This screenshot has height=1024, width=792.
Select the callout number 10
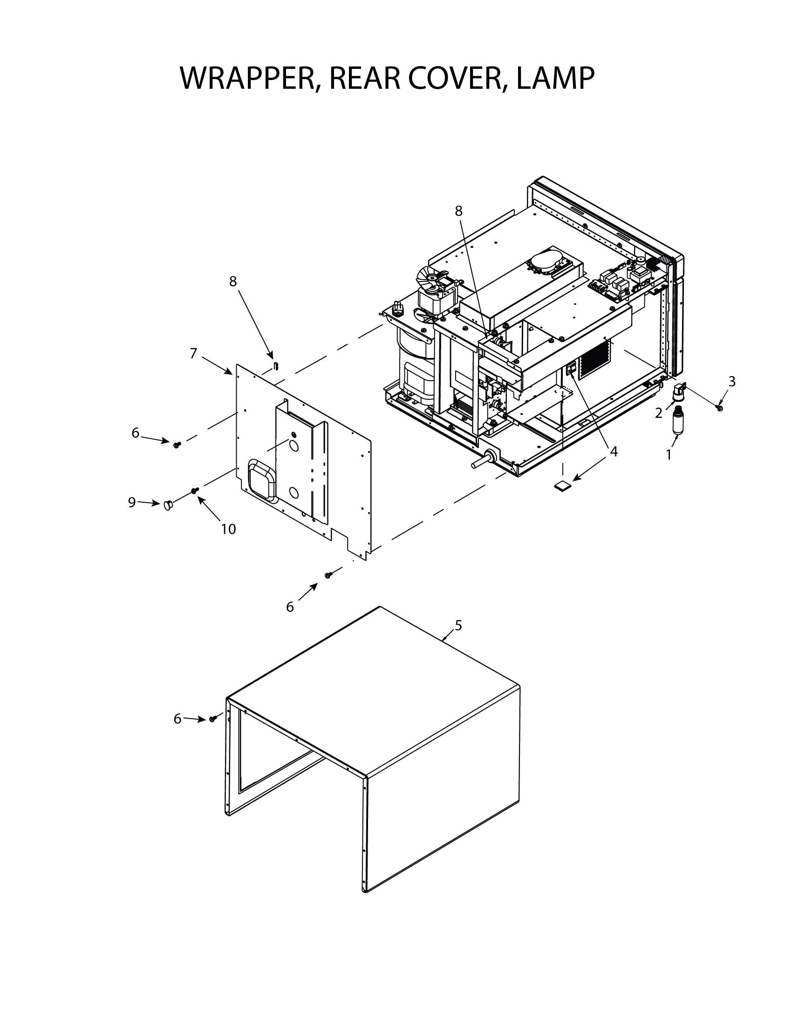coord(228,529)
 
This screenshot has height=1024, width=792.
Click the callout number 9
coord(132,502)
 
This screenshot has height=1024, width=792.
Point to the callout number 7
coord(193,353)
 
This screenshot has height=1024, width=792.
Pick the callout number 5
coord(458,625)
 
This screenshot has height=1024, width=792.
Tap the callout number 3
coord(731,382)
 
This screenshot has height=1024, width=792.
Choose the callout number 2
coord(659,413)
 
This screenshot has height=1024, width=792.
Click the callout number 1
coord(669,454)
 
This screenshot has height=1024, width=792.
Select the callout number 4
coord(614,451)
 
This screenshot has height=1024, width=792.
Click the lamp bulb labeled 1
coord(677,420)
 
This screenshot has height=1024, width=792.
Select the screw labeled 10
coord(194,490)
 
